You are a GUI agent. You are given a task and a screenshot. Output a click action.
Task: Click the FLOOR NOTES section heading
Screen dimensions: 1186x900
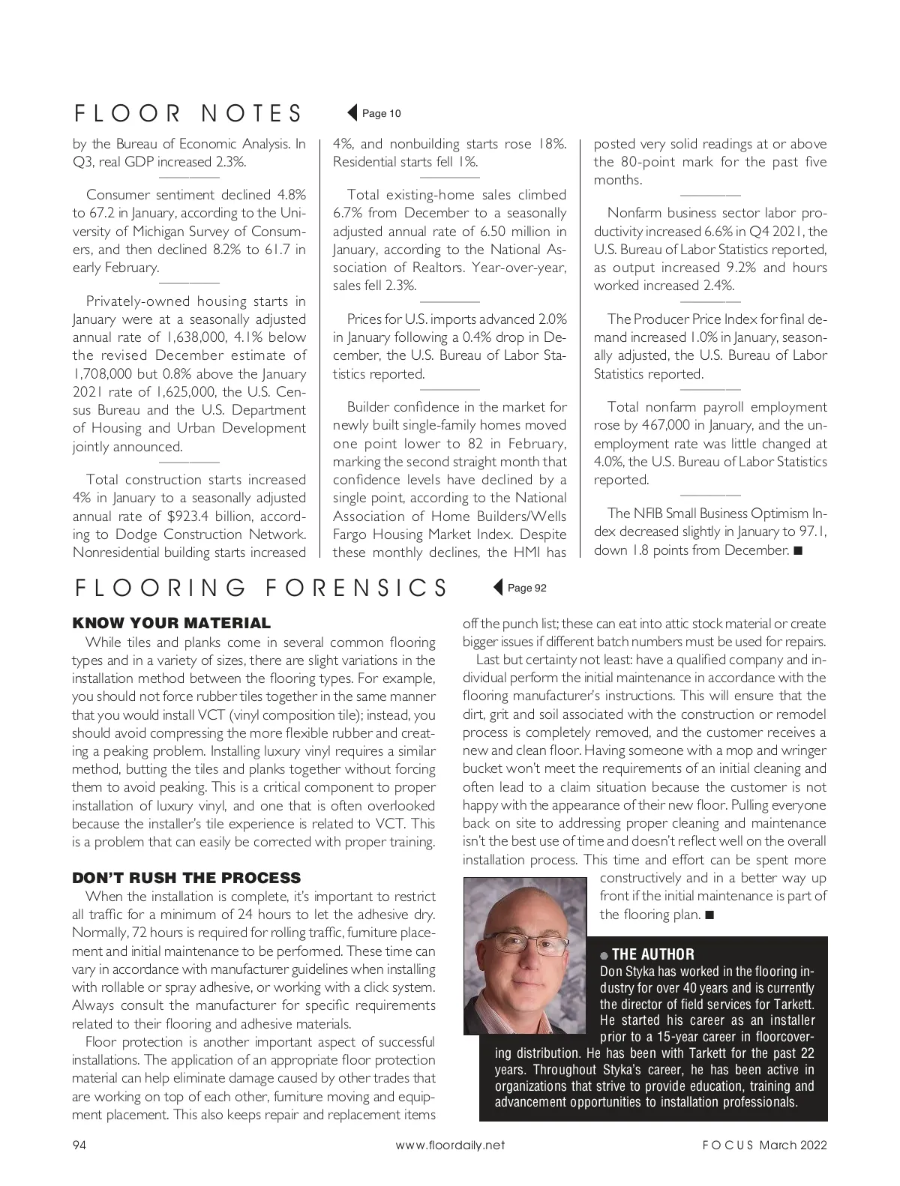click(188, 112)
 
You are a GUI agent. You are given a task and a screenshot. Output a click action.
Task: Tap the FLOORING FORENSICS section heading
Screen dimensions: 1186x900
click(261, 587)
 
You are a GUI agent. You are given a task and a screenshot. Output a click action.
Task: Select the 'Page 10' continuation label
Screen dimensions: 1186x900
click(382, 113)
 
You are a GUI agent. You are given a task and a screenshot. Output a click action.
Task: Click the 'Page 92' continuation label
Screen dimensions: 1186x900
click(527, 588)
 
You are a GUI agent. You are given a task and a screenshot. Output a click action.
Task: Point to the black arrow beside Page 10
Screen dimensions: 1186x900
click(352, 113)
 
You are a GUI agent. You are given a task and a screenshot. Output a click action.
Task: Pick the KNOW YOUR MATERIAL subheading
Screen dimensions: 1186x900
click(171, 623)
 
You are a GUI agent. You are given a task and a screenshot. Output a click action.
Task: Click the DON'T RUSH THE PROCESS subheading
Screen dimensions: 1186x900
click(186, 878)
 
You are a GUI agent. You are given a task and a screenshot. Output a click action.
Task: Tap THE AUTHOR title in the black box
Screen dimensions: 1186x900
click(652, 954)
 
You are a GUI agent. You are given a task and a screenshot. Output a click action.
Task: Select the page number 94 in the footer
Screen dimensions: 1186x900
click(79, 1145)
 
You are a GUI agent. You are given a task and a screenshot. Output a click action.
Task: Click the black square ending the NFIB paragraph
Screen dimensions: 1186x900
click(797, 551)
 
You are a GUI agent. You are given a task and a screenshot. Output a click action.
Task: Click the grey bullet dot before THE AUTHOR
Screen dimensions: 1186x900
click(604, 956)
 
